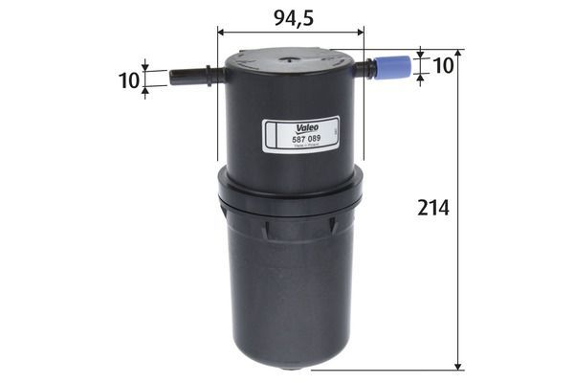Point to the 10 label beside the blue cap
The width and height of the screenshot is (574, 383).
coord(443,65)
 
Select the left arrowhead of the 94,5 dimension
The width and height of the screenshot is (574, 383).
coord(223,32)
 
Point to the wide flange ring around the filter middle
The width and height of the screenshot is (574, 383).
coord(290,196)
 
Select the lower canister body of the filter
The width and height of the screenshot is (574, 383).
coord(290,287)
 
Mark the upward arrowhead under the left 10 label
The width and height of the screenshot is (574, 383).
coord(145,92)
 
